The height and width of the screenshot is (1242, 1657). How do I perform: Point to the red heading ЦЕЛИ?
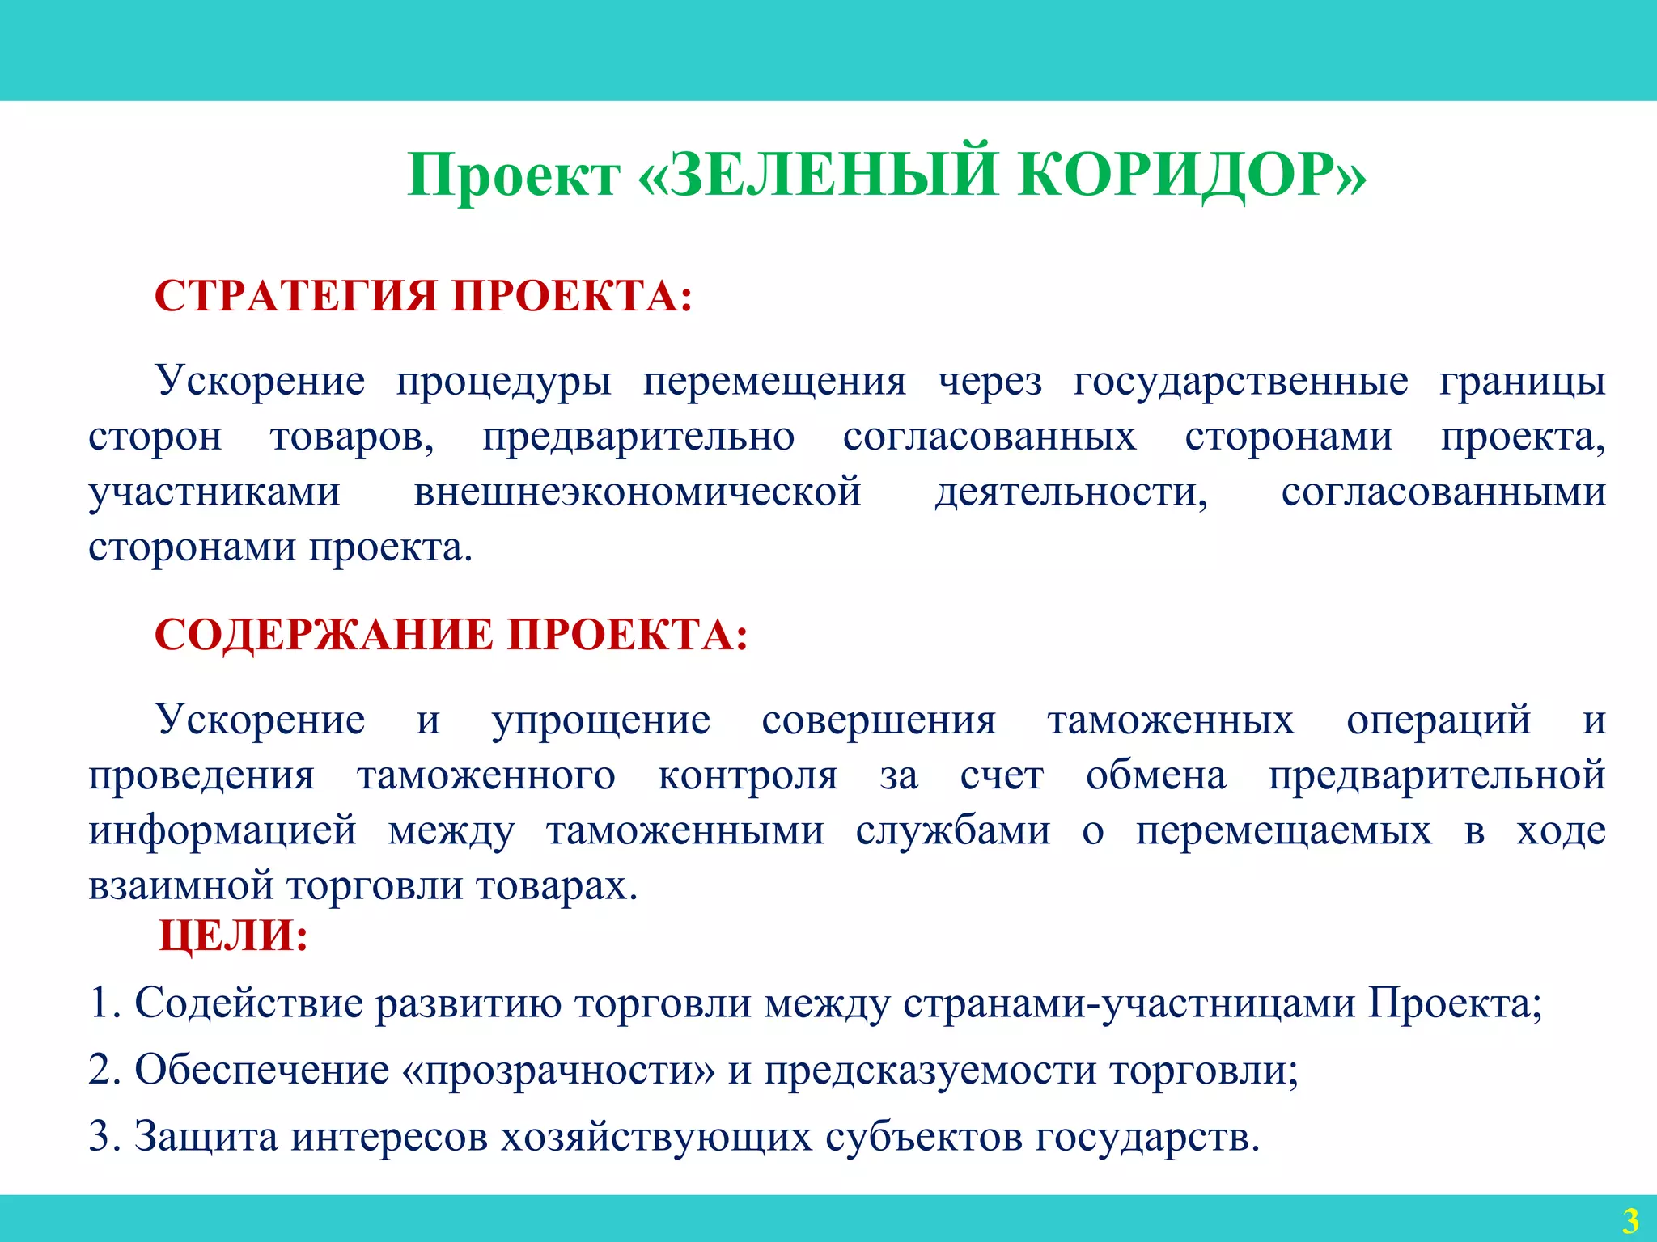233,936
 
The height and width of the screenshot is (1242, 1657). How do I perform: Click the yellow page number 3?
1630,1219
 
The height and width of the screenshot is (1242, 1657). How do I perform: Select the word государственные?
1240,380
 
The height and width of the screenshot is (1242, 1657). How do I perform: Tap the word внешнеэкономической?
638,492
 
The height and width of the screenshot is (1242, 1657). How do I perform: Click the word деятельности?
1071,492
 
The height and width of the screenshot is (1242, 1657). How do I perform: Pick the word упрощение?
601,719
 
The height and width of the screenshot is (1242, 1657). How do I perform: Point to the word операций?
1439,719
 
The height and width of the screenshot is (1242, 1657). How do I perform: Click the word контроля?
748,775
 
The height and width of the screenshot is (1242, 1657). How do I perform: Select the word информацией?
222,830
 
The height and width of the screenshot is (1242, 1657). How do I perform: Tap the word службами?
953,830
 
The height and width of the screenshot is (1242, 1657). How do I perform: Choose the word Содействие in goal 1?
248,1003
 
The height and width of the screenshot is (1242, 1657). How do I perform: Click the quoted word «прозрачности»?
558,1070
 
